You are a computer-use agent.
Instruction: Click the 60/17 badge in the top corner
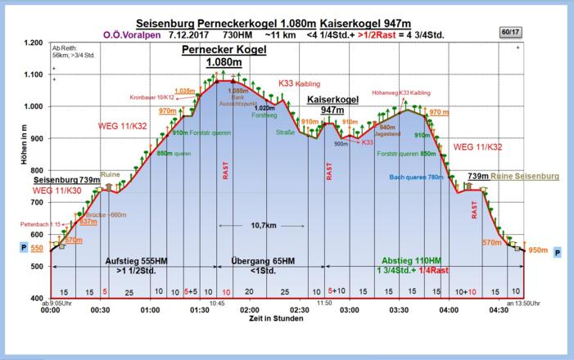(509, 31)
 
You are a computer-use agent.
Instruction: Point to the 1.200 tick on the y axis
(33, 43)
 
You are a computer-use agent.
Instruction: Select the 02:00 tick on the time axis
(250, 310)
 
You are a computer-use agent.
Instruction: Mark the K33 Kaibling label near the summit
(300, 83)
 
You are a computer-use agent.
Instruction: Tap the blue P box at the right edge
(558, 253)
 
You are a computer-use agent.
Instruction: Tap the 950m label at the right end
(538, 250)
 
